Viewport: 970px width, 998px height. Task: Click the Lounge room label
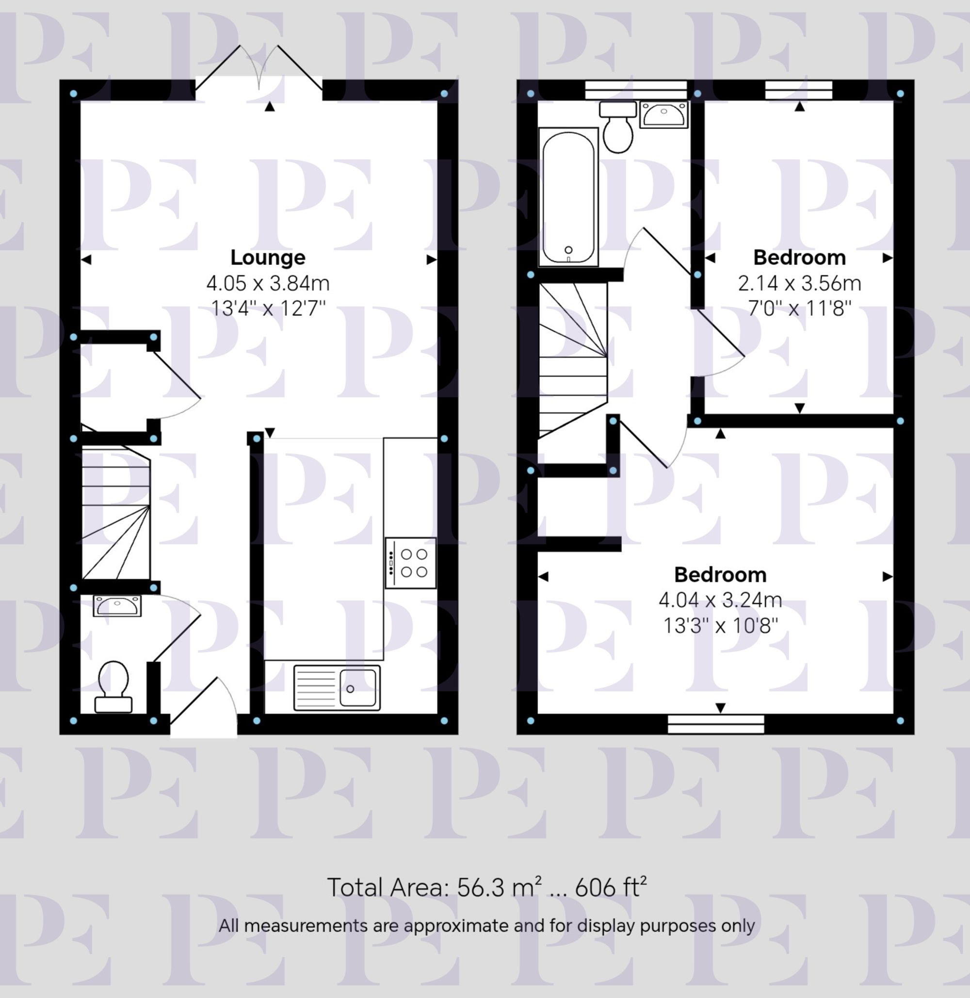(x=268, y=258)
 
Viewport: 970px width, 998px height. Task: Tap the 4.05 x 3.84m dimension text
(x=268, y=283)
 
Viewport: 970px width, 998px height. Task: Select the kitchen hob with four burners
(x=411, y=563)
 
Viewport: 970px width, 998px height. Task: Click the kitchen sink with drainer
(x=337, y=687)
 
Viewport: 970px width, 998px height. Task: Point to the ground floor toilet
(x=113, y=686)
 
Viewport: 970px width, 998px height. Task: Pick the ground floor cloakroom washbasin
(x=117, y=605)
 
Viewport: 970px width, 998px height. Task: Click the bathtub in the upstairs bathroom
(x=568, y=197)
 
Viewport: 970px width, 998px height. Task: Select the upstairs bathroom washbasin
(x=663, y=115)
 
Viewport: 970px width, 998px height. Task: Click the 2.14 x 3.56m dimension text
(x=799, y=283)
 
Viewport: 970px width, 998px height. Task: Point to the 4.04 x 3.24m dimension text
(x=720, y=600)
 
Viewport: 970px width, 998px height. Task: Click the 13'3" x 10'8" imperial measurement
(x=720, y=625)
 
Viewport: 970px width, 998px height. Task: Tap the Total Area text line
(x=486, y=887)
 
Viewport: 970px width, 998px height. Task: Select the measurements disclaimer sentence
(x=486, y=925)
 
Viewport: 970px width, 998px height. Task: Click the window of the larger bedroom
(x=716, y=724)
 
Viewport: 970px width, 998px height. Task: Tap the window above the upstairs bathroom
(x=636, y=90)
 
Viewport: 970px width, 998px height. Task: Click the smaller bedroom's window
(x=799, y=90)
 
